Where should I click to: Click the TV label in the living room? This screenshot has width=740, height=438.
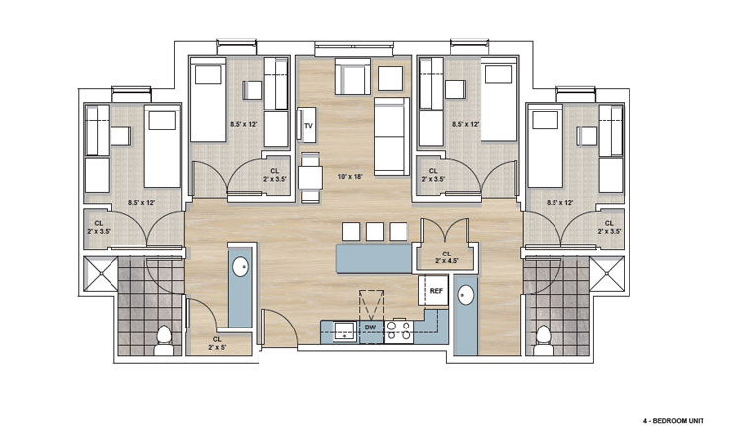click(x=308, y=126)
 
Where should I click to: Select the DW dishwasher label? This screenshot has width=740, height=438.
click(x=370, y=327)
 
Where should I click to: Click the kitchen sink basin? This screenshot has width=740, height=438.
click(x=345, y=331)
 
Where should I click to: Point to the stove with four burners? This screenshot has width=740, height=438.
click(x=399, y=330)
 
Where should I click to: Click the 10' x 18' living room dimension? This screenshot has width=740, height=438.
click(x=350, y=177)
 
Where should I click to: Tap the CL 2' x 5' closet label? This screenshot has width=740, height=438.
click(x=217, y=343)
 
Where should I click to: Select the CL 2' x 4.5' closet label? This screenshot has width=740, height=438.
click(x=446, y=256)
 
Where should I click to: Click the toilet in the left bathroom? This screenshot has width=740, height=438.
click(x=164, y=340)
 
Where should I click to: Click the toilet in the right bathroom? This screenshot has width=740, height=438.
click(x=544, y=340)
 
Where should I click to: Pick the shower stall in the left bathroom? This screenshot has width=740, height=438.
click(x=101, y=274)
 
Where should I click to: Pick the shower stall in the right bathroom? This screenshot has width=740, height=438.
click(x=607, y=274)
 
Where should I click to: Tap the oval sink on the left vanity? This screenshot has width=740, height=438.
click(x=240, y=267)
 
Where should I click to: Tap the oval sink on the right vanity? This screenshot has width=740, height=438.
click(x=466, y=296)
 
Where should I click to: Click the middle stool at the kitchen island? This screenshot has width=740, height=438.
click(x=375, y=231)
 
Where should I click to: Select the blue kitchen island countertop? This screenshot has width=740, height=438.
click(x=374, y=258)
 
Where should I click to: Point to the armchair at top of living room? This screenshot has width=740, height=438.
click(x=352, y=77)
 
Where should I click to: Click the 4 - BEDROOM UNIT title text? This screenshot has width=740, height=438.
click(x=673, y=421)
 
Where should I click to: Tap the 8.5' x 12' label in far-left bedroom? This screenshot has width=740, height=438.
click(x=142, y=203)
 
